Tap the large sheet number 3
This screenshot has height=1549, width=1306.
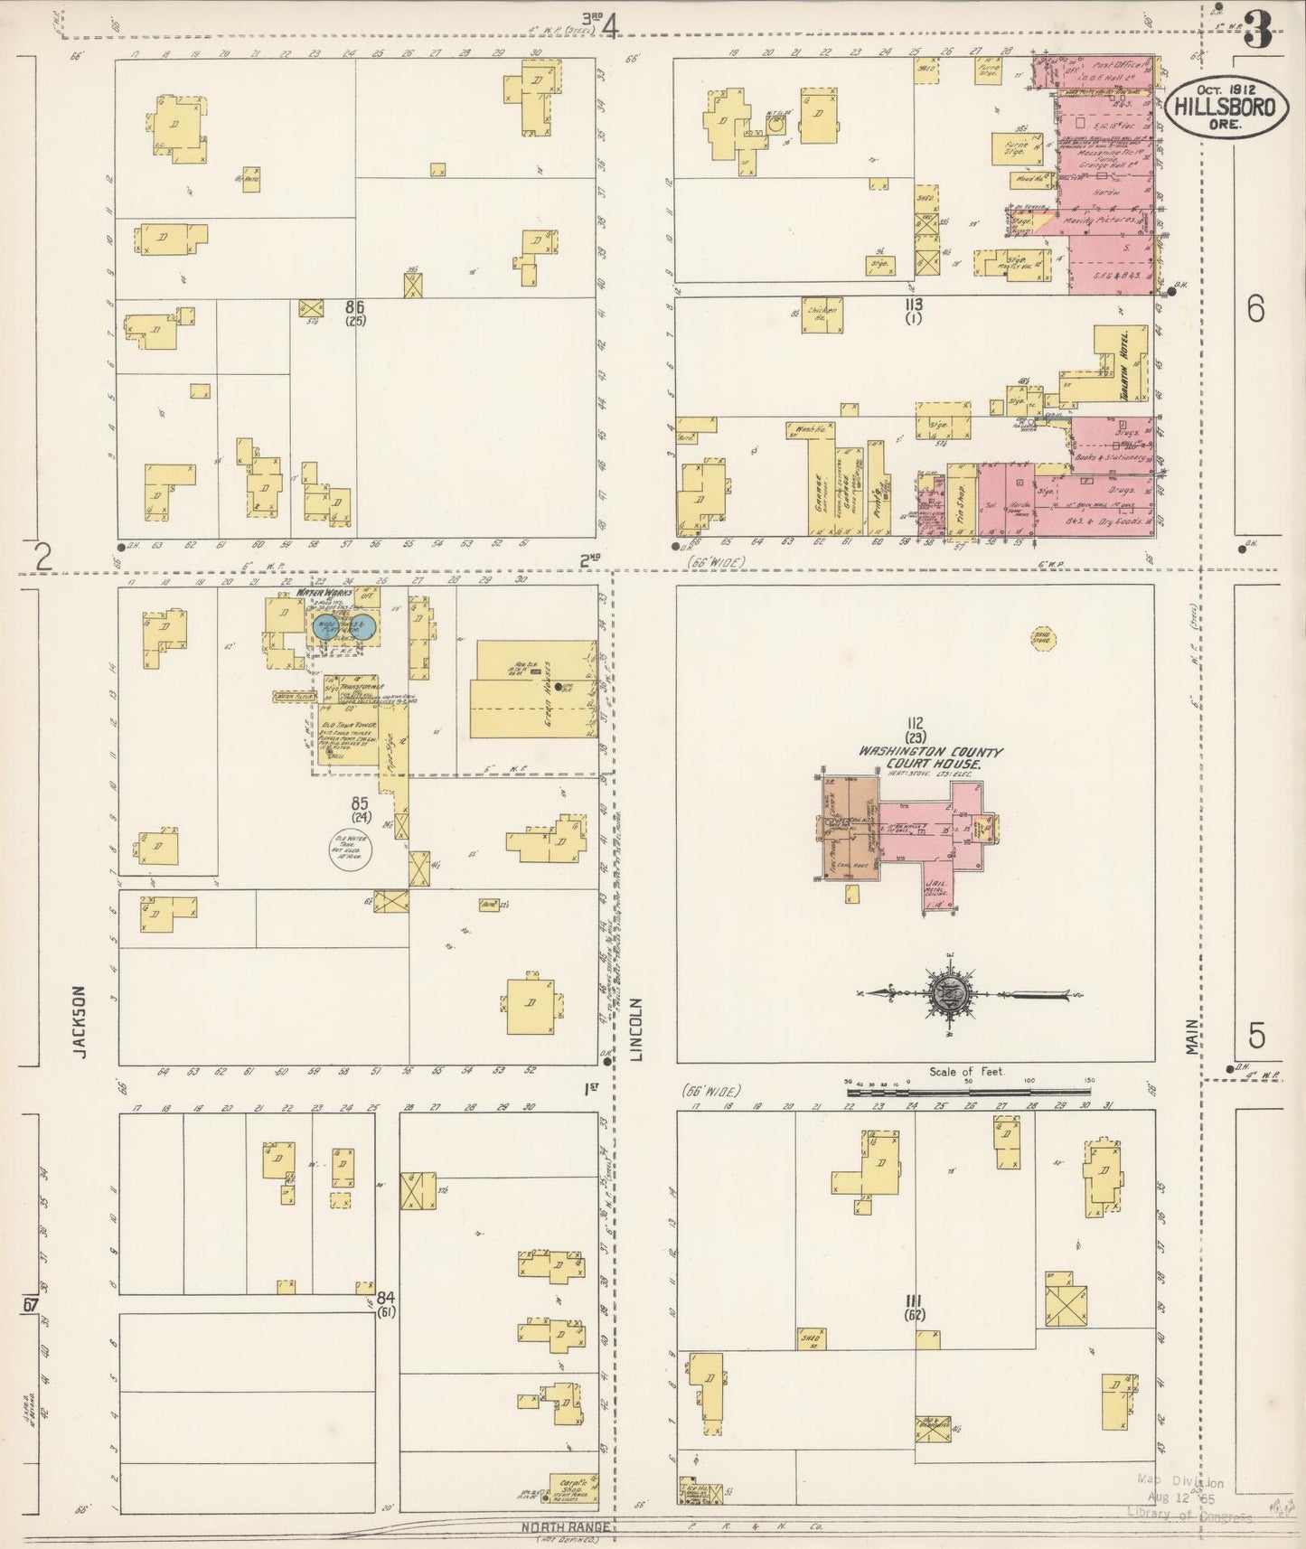coord(1257,31)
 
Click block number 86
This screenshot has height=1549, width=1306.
coord(353,308)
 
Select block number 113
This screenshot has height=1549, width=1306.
coord(913,305)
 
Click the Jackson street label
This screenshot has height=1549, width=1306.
coord(80,1020)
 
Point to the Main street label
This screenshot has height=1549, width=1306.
coord(1192,1039)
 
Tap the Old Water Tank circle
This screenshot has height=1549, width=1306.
coord(350,850)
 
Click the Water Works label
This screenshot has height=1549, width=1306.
coord(324,593)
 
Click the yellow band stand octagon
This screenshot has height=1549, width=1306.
coord(1042,639)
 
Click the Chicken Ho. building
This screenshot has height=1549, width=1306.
coord(822,314)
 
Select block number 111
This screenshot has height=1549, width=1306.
coord(915,1307)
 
